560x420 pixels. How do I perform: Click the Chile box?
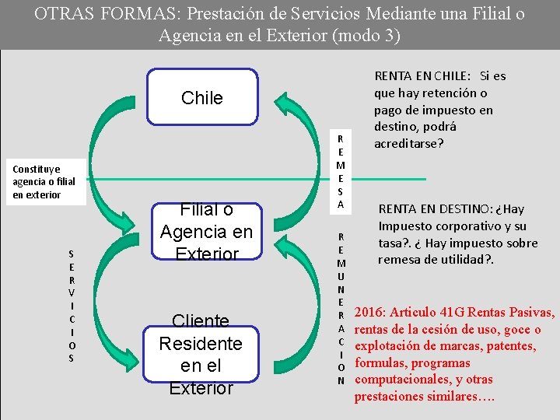[x=201, y=98]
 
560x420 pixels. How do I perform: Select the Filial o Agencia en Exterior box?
[x=206, y=232]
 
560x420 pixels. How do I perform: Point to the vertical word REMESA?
[x=339, y=171]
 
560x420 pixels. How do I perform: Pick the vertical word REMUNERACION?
[x=341, y=307]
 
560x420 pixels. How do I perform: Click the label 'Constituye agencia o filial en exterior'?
[x=44, y=181]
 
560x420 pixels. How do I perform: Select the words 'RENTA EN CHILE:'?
[x=422, y=76]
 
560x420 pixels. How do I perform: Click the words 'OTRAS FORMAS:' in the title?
[x=83, y=14]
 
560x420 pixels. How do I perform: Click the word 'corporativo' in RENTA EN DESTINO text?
[x=460, y=226]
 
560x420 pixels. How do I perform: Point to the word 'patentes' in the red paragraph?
[x=510, y=346]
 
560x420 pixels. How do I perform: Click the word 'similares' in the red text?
[x=446, y=397]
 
